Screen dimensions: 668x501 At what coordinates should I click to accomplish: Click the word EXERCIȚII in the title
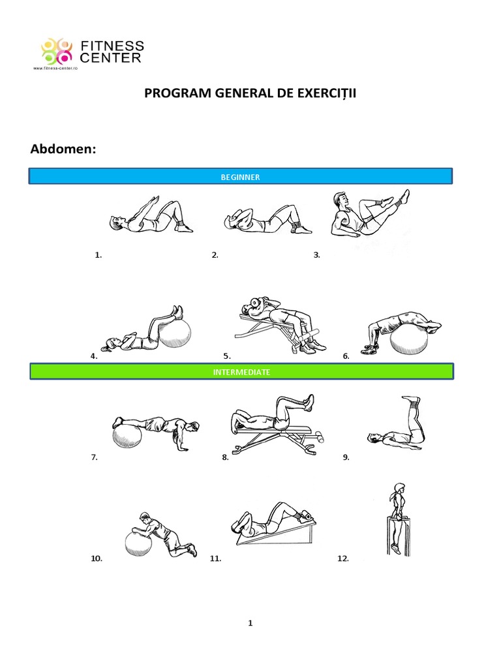(x=324, y=94)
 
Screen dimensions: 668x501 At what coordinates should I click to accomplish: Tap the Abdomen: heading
(x=63, y=149)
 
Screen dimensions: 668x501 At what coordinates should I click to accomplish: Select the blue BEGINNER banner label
(x=241, y=177)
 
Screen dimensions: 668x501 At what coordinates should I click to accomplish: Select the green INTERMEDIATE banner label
(x=241, y=372)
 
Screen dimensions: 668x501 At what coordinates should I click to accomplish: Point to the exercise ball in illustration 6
(x=408, y=340)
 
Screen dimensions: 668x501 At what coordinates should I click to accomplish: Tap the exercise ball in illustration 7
(x=127, y=436)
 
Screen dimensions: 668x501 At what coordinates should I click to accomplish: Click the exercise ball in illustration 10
(x=138, y=542)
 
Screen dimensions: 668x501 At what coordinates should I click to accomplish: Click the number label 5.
(x=226, y=356)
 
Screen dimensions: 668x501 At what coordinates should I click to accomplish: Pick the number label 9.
(x=346, y=457)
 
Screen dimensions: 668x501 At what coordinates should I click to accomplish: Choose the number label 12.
(x=343, y=558)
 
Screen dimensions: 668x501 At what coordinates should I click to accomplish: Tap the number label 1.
(x=99, y=255)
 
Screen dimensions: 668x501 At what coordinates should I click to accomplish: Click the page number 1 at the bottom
(x=250, y=623)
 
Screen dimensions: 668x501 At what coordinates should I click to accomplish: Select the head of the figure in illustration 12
(x=398, y=488)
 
